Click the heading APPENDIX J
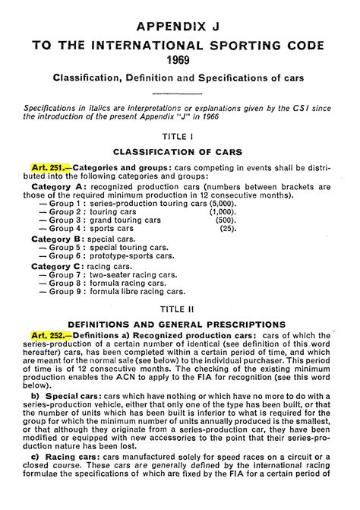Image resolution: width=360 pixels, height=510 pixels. tap(181, 26)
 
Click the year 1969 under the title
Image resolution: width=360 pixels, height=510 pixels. tap(181, 59)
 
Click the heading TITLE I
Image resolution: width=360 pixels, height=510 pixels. tap(181, 136)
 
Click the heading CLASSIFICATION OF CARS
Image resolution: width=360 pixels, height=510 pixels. tap(181, 151)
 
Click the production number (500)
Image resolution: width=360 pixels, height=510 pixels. tap(226, 219)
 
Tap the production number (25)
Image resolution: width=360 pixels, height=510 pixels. tap(228, 228)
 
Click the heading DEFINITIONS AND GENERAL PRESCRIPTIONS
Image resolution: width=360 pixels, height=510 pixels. tap(181, 323)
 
